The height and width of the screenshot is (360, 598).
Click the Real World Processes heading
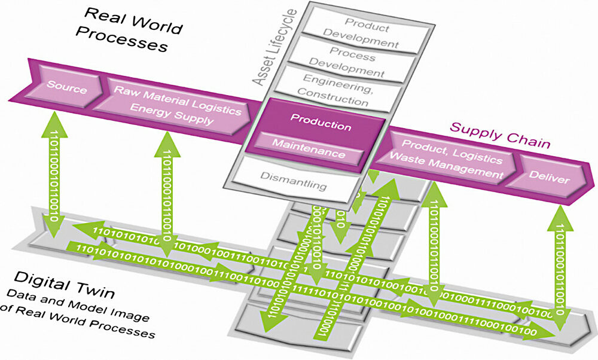(x=125, y=30)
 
